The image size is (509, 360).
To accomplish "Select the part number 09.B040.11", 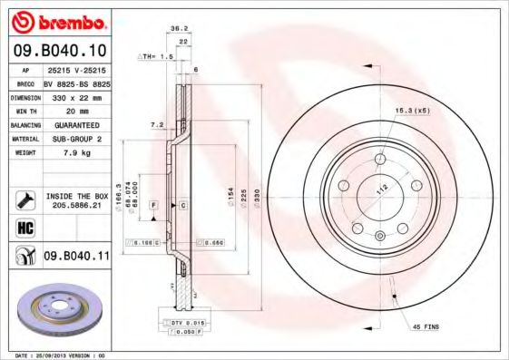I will [76, 258].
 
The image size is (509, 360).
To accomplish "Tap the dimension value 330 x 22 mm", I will [76, 96].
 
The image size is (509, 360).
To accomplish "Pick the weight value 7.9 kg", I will [76, 153].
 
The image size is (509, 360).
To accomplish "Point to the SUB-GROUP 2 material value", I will [76, 139].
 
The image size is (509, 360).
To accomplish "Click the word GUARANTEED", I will [76, 124].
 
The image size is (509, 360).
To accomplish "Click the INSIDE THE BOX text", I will [76, 196].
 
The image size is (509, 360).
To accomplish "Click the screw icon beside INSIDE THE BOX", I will [25, 199].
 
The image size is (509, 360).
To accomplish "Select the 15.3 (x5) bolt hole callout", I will [411, 111].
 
